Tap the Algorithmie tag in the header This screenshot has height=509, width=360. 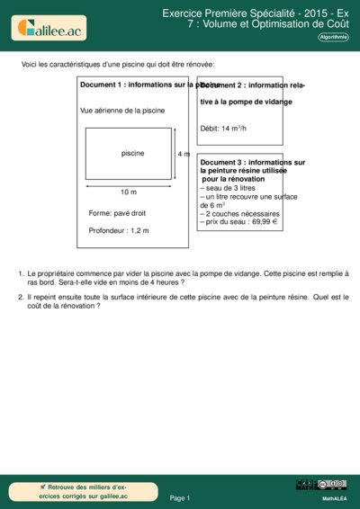[333, 38]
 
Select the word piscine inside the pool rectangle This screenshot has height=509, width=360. [133, 153]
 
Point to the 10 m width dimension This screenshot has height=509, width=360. [128, 192]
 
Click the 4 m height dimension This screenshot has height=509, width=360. [184, 155]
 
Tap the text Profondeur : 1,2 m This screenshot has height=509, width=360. [119, 231]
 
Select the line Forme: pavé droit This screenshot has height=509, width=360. [117, 213]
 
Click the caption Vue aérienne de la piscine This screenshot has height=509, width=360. [122, 111]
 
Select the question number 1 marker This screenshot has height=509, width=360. [21, 272]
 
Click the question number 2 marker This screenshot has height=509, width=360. [21, 296]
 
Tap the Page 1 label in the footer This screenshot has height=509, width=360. [179, 497]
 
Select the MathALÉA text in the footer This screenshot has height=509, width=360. [334, 497]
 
